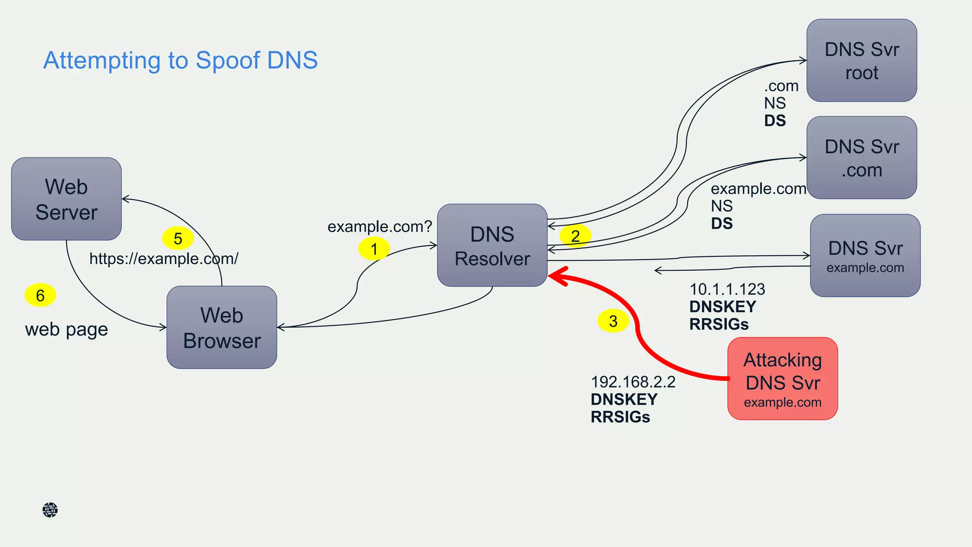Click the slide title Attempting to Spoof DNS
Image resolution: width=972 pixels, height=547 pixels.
180,60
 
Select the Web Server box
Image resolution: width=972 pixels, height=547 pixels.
66,199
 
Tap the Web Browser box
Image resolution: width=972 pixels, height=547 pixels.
222,328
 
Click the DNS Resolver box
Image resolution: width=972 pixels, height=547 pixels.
492,245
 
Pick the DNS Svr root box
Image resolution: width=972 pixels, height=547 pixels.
861,61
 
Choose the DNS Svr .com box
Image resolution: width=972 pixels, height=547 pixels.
861,158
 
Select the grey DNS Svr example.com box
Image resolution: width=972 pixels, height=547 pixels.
865,255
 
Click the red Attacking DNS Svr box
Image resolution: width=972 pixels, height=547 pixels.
782,379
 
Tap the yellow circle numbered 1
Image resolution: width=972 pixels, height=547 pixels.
374,249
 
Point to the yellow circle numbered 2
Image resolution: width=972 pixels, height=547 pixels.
575,236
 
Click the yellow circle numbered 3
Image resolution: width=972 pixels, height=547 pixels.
613,321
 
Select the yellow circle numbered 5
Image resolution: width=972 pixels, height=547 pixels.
178,238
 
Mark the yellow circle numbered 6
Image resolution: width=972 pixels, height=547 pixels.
40,295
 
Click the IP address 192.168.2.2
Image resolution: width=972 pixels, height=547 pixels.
633,382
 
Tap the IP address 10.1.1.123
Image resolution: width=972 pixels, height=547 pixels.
727,289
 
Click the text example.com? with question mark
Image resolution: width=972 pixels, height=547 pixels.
380,226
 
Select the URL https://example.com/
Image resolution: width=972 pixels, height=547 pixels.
164,259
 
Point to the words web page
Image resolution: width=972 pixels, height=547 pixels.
66,329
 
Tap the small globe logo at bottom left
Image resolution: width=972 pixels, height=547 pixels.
50,510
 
